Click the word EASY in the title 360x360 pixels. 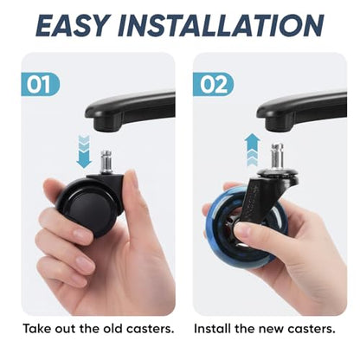pyautogui.click(x=74, y=25)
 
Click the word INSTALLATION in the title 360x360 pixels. pyautogui.click(x=221, y=25)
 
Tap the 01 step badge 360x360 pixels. pyautogui.click(x=41, y=84)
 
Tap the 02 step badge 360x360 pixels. pyautogui.click(x=213, y=84)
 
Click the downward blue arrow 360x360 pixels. pyautogui.click(x=84, y=151)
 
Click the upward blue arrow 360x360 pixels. pyautogui.click(x=252, y=150)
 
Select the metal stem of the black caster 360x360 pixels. pyautogui.click(x=106, y=163)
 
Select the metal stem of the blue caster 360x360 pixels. pyautogui.click(x=277, y=157)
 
